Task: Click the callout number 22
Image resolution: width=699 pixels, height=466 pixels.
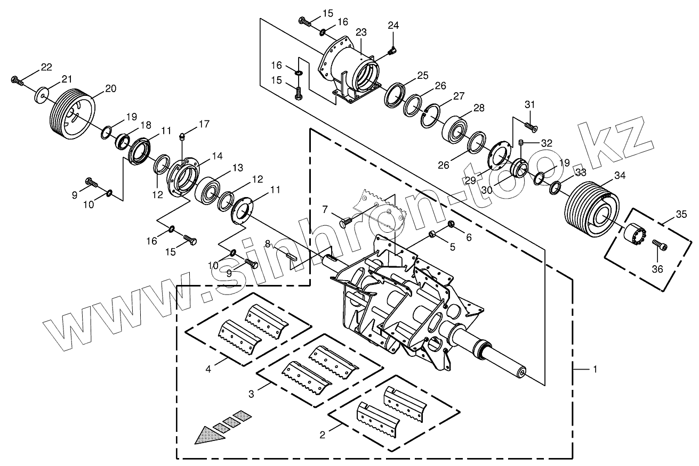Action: (46, 67)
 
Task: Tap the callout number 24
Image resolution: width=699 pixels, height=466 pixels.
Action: (393, 25)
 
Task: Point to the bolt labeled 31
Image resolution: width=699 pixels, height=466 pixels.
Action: (531, 126)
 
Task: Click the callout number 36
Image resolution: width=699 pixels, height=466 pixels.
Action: (657, 269)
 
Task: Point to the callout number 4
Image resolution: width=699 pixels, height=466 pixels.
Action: (208, 367)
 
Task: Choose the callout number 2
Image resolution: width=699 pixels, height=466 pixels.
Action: (322, 435)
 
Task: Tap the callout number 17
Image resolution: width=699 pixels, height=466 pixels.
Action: (204, 124)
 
